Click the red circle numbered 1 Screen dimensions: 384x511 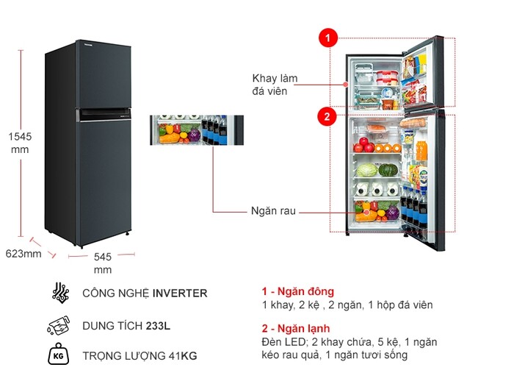click(x=327, y=37)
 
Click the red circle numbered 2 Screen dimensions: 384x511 click(x=327, y=115)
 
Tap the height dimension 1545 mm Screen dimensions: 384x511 click(x=20, y=143)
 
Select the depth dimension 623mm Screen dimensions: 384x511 click(x=23, y=254)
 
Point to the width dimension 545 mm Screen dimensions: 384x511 click(x=102, y=263)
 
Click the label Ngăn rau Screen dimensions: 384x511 click(x=272, y=211)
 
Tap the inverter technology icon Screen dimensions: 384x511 click(x=60, y=293)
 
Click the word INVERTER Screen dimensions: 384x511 click(x=180, y=293)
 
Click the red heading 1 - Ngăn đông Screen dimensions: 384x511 click(x=297, y=291)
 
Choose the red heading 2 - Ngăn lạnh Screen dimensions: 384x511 click(x=296, y=328)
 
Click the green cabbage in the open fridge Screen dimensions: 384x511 click(x=366, y=170)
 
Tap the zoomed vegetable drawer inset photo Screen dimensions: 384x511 click(x=195, y=130)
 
